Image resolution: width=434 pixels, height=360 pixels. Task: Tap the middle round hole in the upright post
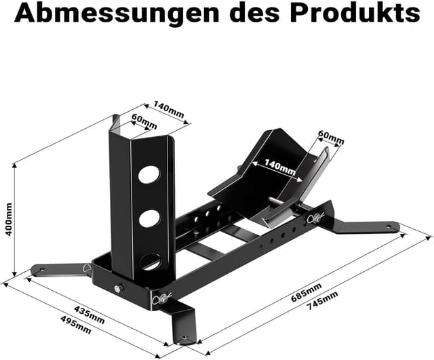(150, 218)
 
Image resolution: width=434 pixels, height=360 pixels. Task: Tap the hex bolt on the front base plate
(119, 289)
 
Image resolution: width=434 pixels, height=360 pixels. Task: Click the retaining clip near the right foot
(314, 219)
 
